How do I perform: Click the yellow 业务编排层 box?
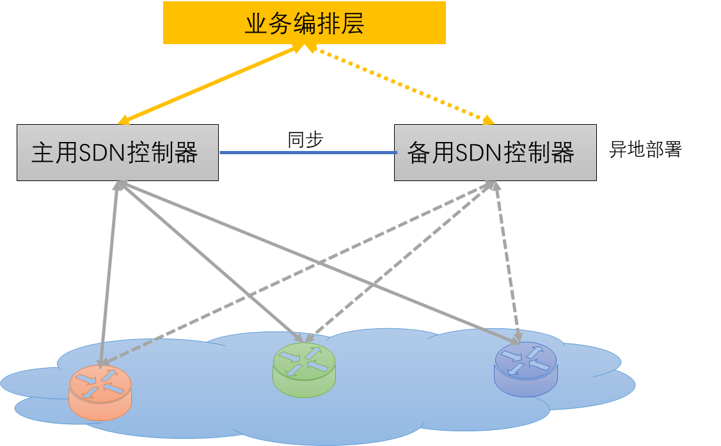pyautogui.click(x=304, y=22)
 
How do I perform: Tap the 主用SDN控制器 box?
pyautogui.click(x=118, y=152)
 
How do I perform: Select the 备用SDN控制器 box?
pyautogui.click(x=495, y=152)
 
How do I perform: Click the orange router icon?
pyautogui.click(x=100, y=391)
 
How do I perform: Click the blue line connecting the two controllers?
pyautogui.click(x=307, y=153)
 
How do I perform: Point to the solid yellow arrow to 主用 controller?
pyautogui.click(x=211, y=83)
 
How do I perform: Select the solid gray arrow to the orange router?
pyautogui.click(x=109, y=269)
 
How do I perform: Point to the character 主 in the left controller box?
pyautogui.click(x=42, y=153)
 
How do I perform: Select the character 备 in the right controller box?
pyautogui.click(x=418, y=153)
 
